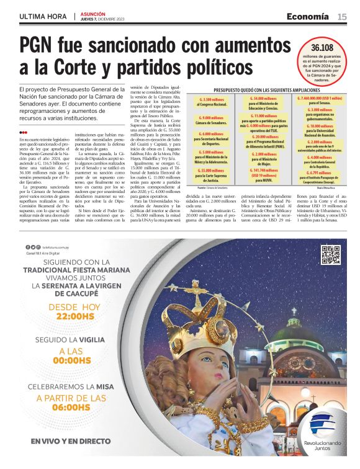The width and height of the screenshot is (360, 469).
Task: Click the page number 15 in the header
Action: pos(341,17)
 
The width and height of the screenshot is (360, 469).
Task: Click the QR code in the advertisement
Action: pos(330,255)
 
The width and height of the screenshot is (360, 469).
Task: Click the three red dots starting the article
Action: pos(23,132)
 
